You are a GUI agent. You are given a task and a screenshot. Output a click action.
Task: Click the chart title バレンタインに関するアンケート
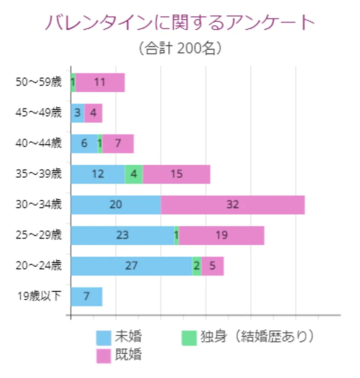[180, 22]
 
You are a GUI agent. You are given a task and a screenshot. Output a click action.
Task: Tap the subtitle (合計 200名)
[180, 48]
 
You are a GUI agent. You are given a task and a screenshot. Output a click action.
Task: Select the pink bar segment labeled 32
[233, 205]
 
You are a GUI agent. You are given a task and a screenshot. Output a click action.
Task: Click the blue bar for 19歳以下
[86, 297]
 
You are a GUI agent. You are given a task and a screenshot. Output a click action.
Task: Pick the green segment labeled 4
[134, 174]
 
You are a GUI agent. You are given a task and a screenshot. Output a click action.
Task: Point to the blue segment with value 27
[131, 266]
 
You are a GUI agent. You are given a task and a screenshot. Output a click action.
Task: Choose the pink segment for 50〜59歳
[100, 82]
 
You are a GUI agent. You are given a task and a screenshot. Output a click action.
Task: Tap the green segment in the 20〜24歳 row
[197, 266]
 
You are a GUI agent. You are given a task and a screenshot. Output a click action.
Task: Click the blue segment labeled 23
[122, 235]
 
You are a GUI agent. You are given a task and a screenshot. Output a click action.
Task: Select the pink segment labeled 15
[176, 174]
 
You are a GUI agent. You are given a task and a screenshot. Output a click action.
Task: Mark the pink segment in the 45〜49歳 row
[93, 113]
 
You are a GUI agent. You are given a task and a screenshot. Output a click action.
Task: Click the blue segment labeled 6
[84, 144]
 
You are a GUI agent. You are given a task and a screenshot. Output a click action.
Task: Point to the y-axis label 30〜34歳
[39, 205]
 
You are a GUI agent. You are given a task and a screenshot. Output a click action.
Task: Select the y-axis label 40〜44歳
[39, 144]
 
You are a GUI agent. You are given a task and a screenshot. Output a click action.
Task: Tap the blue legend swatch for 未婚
[104, 337]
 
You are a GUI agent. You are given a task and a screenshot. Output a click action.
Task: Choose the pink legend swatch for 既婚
[104, 355]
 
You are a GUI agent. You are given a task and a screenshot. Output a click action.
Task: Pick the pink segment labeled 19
[221, 235]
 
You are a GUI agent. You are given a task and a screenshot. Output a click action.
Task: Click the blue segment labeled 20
[116, 205]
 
